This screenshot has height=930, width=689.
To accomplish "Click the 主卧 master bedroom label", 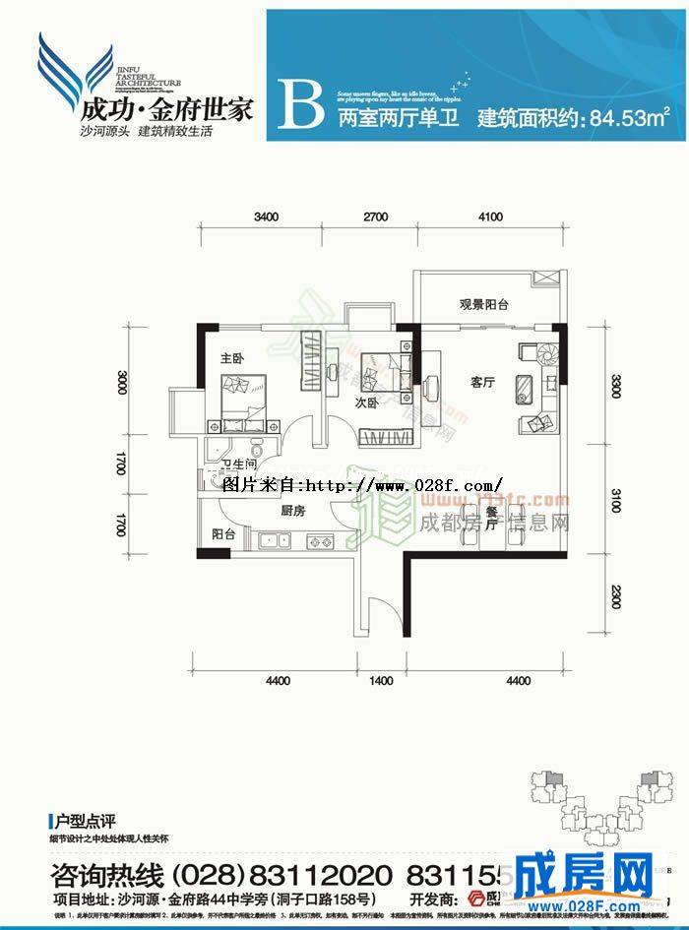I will point(232,356).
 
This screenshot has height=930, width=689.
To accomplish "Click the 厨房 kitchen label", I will point(291,511).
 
